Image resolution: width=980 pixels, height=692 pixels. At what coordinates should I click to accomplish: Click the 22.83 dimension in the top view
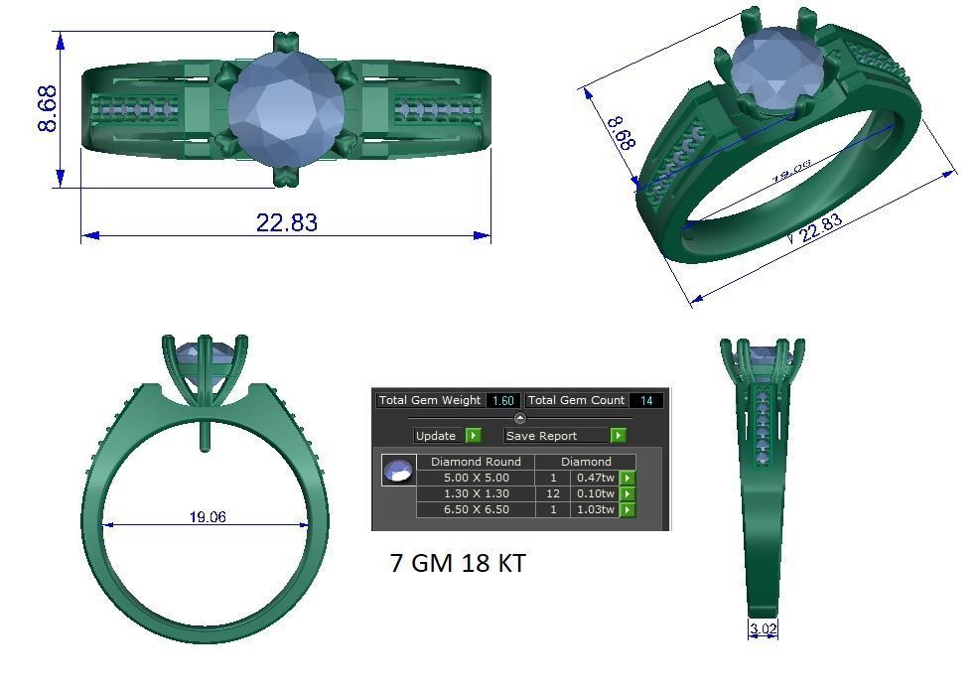coord(287,222)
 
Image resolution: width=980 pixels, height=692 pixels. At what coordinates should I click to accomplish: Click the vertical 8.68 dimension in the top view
coord(47,108)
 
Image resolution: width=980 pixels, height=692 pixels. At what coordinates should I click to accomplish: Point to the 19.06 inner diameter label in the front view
coord(208,517)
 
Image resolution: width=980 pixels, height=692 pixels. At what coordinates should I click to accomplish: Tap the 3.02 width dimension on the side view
coord(763,628)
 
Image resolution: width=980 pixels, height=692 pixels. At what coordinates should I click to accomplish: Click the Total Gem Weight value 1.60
coord(502,400)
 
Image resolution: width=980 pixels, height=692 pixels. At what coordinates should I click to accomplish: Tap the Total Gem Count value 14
coord(646,400)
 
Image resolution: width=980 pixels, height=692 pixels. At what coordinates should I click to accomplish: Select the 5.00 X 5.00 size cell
coord(476,478)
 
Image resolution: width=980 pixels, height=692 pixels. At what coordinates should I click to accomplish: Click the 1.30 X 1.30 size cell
coord(476,493)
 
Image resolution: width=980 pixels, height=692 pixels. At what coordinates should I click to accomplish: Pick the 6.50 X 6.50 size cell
coord(476,509)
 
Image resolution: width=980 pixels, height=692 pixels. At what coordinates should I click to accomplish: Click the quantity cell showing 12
coord(553,493)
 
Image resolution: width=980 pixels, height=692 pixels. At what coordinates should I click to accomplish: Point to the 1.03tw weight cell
coord(595,509)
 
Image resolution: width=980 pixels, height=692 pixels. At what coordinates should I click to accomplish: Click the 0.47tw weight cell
coord(595,478)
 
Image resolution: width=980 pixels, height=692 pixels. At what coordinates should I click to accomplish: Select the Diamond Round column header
coord(476,462)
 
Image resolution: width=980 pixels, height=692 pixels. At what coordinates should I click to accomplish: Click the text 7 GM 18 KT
coord(458,564)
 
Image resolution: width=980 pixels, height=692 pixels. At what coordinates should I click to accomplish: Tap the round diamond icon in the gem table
coord(399,471)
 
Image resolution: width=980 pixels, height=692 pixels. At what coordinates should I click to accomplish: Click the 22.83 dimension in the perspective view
coord(819,227)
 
